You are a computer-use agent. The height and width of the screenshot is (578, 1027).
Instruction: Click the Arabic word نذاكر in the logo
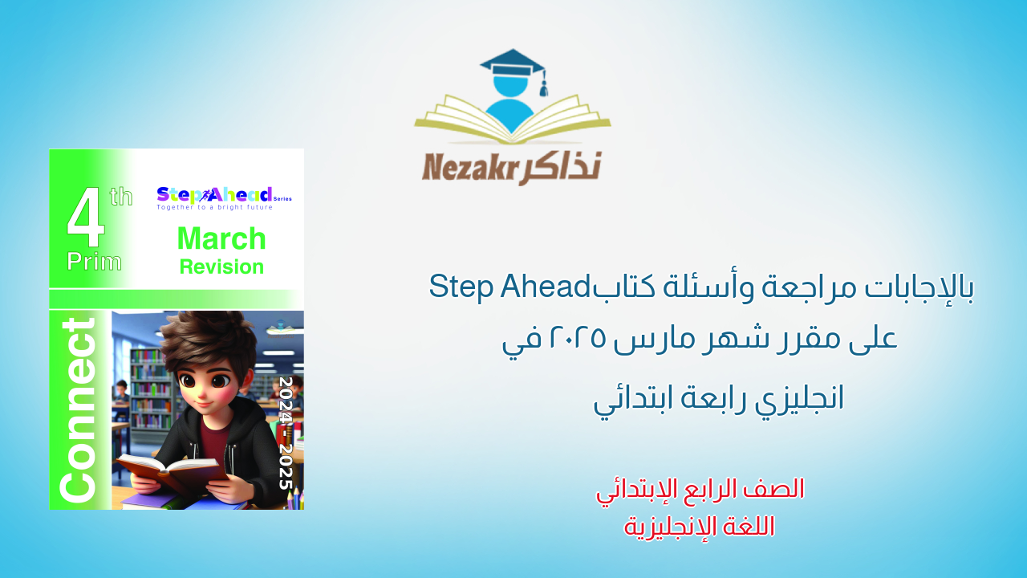(x=562, y=166)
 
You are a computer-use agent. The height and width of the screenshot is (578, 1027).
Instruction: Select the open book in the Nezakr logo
(x=512, y=120)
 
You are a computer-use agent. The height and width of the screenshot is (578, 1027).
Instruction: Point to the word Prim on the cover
(x=95, y=261)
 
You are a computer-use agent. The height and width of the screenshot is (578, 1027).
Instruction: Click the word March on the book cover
(x=221, y=238)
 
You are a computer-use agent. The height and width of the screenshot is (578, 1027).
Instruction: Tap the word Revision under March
(x=221, y=267)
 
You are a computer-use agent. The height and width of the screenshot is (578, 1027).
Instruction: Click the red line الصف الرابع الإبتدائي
(x=700, y=489)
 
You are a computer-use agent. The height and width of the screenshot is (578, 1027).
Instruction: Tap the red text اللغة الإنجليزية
(x=700, y=526)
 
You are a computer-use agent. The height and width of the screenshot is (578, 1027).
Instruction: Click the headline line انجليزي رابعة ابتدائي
(x=719, y=399)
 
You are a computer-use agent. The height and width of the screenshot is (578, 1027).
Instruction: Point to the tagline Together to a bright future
(x=214, y=207)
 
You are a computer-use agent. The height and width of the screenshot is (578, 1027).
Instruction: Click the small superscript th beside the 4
(x=121, y=196)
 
